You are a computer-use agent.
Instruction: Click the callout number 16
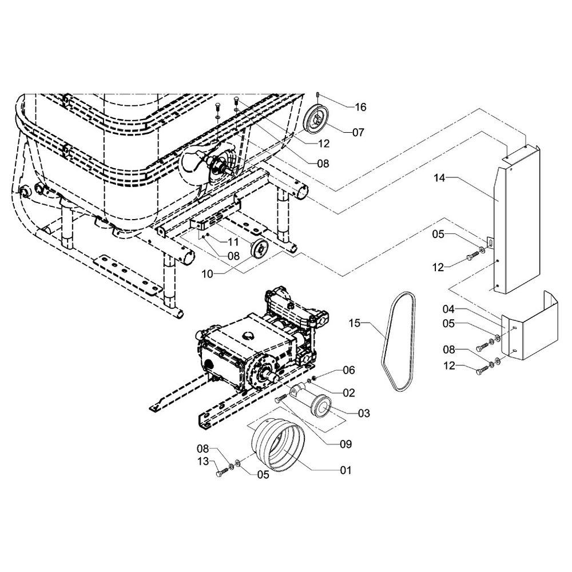[x=360, y=107]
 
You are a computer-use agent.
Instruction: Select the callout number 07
[x=358, y=133]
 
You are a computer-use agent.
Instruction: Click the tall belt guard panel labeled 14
[x=518, y=223]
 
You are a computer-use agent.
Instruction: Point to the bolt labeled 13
[x=221, y=473]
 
